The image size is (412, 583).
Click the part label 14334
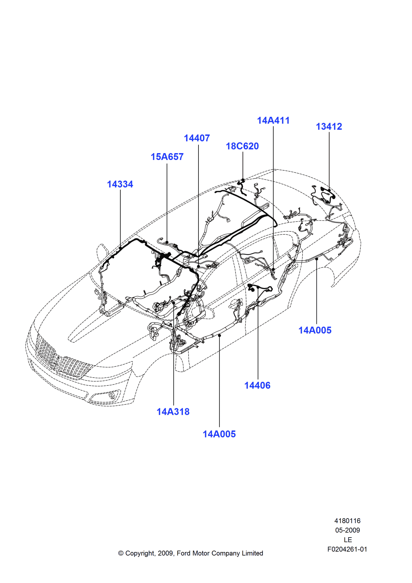point(120,184)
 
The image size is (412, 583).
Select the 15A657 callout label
point(167,157)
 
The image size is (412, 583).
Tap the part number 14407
point(197,138)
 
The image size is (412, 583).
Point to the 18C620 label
point(242,146)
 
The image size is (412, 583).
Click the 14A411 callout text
point(273,120)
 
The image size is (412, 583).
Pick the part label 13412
point(329,127)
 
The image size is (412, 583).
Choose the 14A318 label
point(173,412)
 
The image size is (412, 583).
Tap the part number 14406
point(257,385)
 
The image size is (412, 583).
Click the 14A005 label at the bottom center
point(219,434)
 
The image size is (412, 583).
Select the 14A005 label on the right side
point(315,330)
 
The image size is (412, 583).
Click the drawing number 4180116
point(347,521)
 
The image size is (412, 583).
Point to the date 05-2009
point(347,530)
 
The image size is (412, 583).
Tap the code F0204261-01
point(347,549)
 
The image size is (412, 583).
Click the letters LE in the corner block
point(348,540)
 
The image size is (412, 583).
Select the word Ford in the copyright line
point(183,553)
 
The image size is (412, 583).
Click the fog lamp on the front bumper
point(112,396)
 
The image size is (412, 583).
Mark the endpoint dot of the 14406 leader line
point(258,288)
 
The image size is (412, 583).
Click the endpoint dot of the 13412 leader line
point(329,190)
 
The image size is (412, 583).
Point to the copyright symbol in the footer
point(121,553)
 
